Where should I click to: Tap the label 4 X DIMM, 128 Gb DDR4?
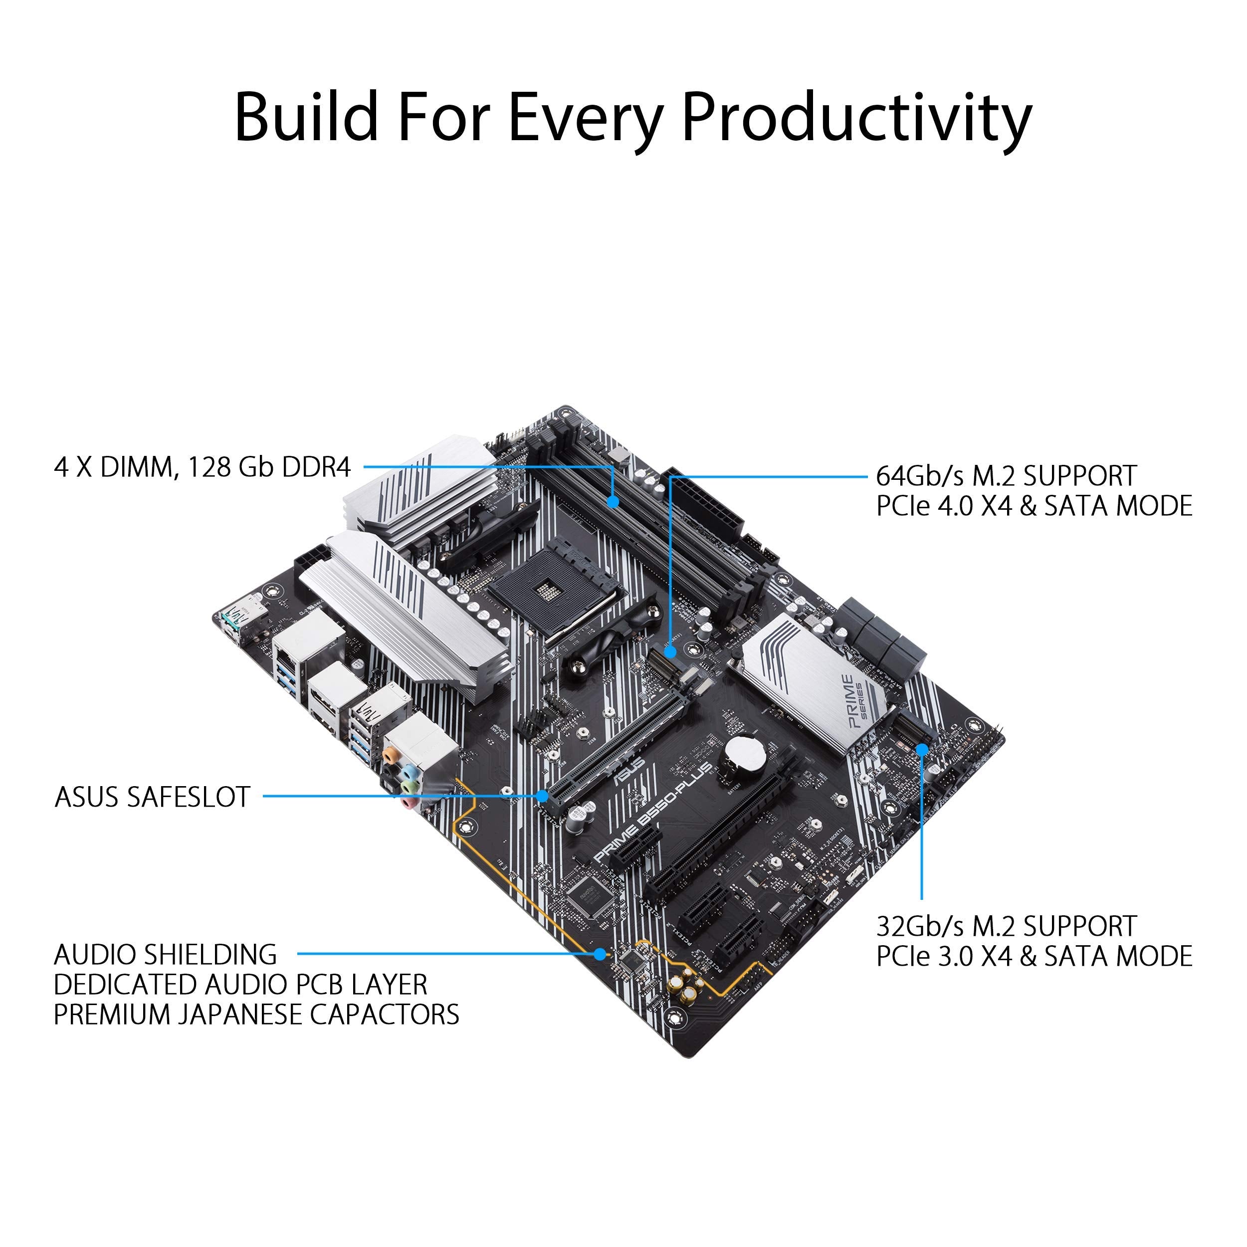(x=202, y=467)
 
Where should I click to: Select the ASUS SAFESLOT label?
(x=152, y=797)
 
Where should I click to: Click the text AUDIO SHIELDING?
(x=165, y=955)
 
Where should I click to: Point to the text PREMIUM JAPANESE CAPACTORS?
(x=256, y=1014)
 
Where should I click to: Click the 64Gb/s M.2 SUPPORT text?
(x=1006, y=476)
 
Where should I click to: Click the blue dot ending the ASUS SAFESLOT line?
(x=543, y=796)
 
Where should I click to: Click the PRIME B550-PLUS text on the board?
(x=652, y=813)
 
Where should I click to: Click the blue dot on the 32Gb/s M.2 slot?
(x=922, y=749)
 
